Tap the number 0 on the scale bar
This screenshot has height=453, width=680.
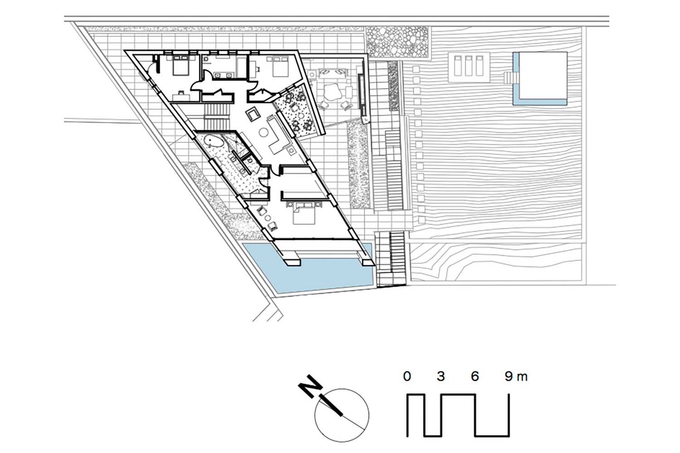click(x=407, y=376)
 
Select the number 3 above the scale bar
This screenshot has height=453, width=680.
click(x=441, y=376)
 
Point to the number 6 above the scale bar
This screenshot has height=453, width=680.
click(x=475, y=376)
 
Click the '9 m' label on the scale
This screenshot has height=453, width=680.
click(x=516, y=376)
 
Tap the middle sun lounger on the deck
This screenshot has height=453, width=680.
click(x=469, y=66)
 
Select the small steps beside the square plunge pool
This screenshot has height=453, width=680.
click(x=509, y=78)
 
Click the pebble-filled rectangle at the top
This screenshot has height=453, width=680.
click(x=397, y=42)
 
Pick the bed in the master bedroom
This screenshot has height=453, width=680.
click(x=304, y=214)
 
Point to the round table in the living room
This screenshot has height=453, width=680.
click(x=263, y=132)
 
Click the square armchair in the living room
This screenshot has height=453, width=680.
click(x=253, y=115)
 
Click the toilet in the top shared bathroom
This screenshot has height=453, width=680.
click(x=206, y=60)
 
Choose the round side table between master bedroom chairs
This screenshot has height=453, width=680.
click(x=267, y=218)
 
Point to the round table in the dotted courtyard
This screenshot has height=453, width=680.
click(x=301, y=116)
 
